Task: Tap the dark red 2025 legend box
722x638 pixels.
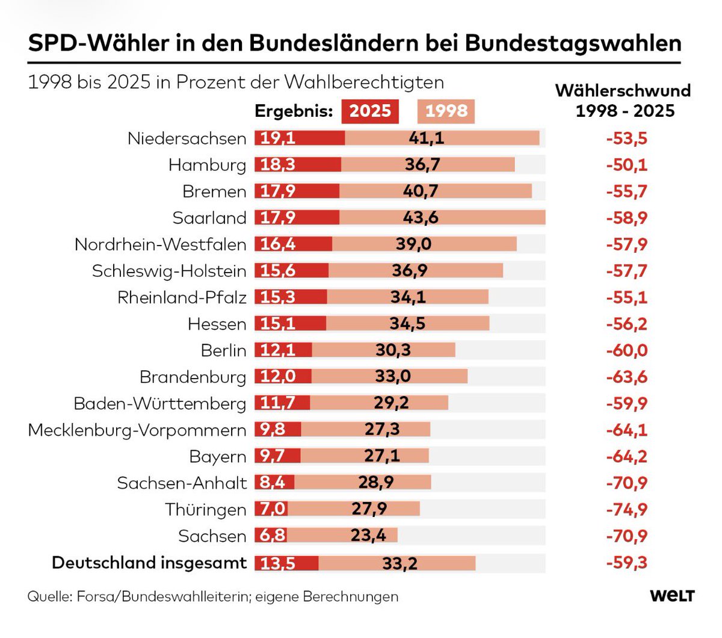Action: click(x=370, y=111)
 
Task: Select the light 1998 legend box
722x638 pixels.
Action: click(x=446, y=111)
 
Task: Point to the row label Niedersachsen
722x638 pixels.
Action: click(x=187, y=138)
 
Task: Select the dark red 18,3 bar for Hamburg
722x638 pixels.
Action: click(x=298, y=165)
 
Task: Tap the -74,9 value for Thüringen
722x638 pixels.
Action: click(x=626, y=509)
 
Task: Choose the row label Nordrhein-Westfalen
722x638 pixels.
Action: click(x=160, y=244)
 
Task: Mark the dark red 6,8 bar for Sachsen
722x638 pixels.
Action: click(x=272, y=536)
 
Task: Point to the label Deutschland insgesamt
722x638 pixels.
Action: click(x=149, y=563)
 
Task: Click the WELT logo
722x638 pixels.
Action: click(x=672, y=596)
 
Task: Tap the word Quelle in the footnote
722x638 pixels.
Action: click(x=48, y=596)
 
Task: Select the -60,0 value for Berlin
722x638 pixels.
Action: click(x=626, y=350)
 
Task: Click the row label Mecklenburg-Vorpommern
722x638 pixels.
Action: click(x=137, y=430)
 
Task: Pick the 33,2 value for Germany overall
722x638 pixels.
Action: click(x=400, y=563)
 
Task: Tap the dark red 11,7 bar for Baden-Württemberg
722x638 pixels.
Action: click(x=282, y=403)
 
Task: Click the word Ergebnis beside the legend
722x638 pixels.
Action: click(x=294, y=111)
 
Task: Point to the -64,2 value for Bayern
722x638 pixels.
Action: click(x=626, y=456)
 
